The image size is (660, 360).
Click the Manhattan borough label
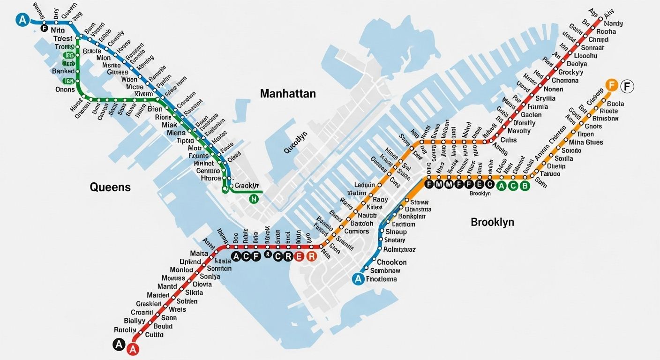point(288,94)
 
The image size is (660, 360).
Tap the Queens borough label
point(110,187)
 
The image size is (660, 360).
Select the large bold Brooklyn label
point(492,222)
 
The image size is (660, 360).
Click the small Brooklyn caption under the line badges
point(480,194)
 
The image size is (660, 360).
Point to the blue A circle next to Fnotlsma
point(358,279)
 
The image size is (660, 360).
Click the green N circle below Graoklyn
point(254,199)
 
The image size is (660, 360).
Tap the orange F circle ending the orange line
point(611,85)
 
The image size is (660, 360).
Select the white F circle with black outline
point(627,86)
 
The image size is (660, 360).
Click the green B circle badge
point(525,186)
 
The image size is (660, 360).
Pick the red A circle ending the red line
point(134,349)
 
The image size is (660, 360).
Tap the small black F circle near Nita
point(45,29)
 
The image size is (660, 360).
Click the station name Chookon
point(391,262)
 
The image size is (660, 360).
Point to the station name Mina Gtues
point(586,142)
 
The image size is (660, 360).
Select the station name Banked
point(63,71)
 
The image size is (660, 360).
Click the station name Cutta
point(154,335)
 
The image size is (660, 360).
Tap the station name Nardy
point(613,23)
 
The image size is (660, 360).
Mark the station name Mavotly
point(519,131)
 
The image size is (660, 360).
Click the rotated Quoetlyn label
point(295,142)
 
